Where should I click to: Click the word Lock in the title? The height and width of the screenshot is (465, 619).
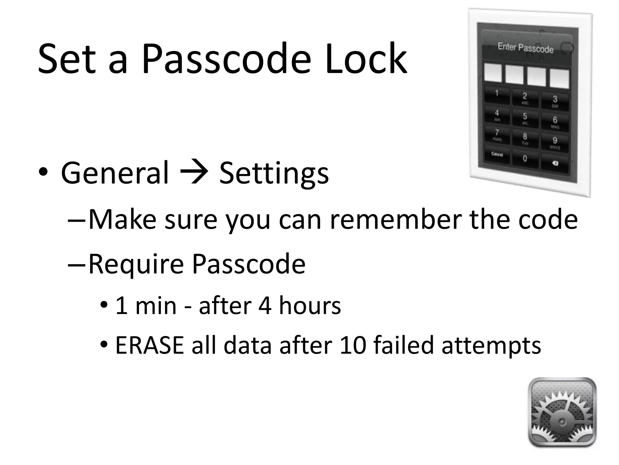click(366, 59)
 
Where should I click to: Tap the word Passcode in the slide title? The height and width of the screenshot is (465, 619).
click(226, 59)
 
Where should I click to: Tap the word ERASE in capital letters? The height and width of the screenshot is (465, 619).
click(149, 345)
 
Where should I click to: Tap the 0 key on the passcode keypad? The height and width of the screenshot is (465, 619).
click(525, 158)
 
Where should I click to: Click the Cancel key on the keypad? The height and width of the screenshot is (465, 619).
click(497, 155)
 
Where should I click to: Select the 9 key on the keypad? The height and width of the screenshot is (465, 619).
click(555, 141)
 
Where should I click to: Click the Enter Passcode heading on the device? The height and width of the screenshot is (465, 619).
click(526, 48)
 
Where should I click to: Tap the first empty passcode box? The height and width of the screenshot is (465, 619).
click(493, 73)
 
